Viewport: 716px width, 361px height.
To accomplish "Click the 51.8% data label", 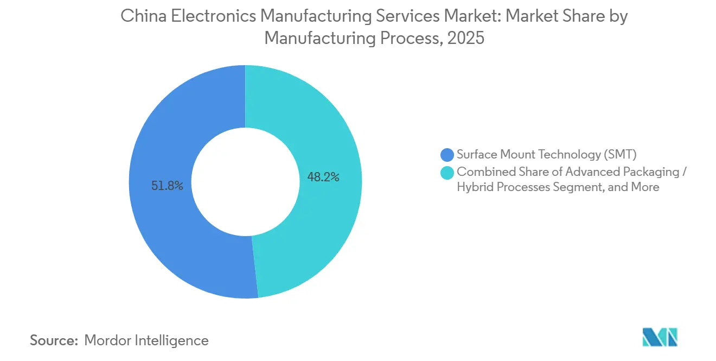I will tap(168, 186).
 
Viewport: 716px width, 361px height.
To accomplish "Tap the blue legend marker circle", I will tap(448, 155).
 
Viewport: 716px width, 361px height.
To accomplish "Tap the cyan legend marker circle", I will tap(448, 172).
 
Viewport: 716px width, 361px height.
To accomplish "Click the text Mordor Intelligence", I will tap(146, 340).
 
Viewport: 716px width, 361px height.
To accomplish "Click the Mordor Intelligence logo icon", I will tap(660, 337).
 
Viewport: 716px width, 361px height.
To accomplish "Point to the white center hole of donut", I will tap(245, 182).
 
